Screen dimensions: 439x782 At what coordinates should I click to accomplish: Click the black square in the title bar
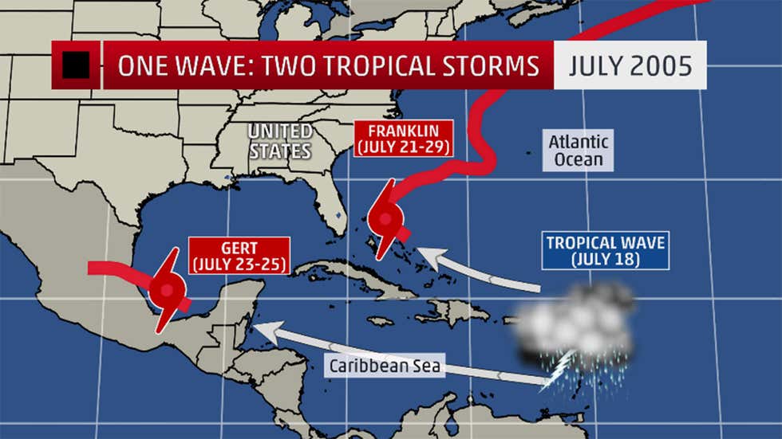click(x=76, y=65)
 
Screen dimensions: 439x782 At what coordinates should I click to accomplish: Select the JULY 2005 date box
click(x=630, y=65)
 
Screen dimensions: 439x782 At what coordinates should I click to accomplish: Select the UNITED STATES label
click(x=279, y=141)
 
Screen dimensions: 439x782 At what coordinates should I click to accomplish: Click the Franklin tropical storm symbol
click(x=386, y=218)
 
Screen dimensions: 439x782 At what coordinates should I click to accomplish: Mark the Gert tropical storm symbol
click(x=168, y=289)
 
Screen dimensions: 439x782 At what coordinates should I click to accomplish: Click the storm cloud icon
click(x=575, y=323)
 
